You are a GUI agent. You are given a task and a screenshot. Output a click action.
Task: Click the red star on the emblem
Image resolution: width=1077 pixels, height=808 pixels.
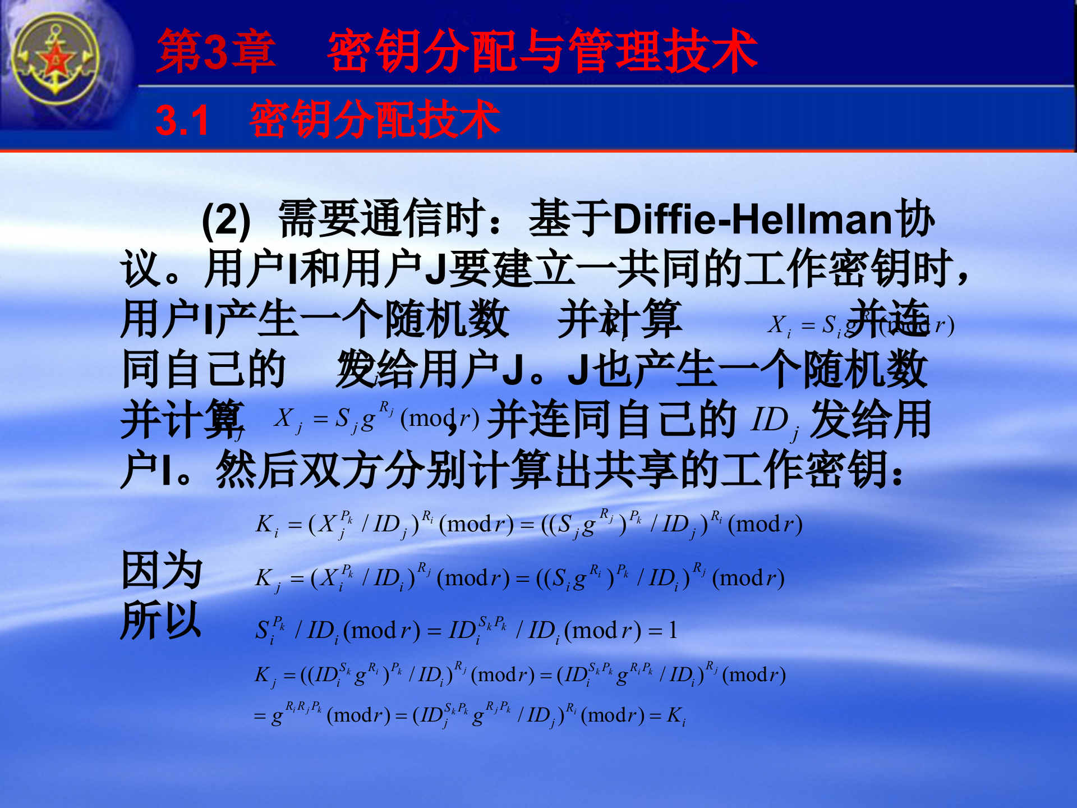(56, 59)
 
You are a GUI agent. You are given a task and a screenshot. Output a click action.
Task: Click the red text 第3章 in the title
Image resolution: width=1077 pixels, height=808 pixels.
(216, 52)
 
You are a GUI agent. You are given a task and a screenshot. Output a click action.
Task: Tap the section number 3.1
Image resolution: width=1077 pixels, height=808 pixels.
(182, 120)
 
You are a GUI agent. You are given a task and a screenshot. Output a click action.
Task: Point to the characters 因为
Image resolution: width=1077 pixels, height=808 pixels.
(162, 570)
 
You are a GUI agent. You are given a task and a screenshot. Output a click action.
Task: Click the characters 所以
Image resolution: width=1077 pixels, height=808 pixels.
(161, 620)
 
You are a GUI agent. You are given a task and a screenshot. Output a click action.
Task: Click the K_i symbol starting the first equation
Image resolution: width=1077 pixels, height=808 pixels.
(266, 525)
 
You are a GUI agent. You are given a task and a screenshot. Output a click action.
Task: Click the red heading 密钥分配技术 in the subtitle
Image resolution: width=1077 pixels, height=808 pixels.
(375, 120)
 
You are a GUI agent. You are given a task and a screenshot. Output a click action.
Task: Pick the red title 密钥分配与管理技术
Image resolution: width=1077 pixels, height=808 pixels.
(542, 52)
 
